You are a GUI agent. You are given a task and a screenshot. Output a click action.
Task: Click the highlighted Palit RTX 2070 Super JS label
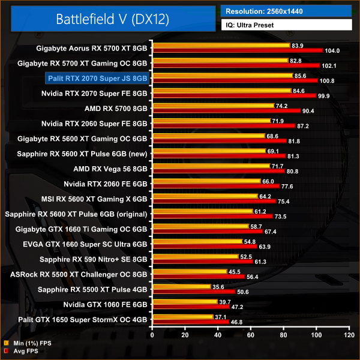click(97, 78)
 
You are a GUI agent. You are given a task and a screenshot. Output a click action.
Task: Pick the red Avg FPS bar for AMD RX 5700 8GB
click(226, 110)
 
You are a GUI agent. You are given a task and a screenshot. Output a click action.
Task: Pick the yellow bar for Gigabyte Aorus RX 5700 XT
click(221, 45)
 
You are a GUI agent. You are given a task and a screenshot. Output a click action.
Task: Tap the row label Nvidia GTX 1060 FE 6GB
click(105, 305)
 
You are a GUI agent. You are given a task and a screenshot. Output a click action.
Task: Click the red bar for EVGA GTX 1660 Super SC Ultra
click(205, 246)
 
